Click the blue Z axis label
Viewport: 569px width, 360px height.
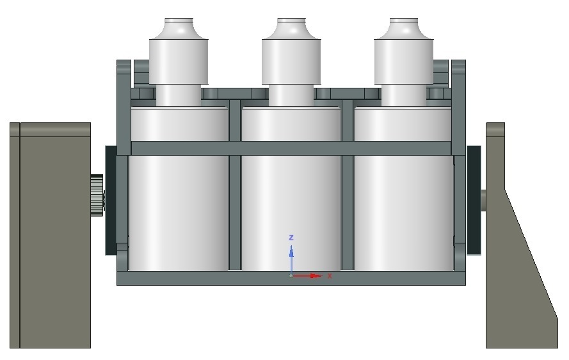point(291,238)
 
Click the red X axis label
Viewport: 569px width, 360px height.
point(330,276)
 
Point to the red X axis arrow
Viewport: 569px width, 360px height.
point(310,276)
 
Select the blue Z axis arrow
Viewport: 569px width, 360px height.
point(291,256)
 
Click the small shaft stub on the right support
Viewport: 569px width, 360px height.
point(483,200)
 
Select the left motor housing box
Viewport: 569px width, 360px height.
point(50,235)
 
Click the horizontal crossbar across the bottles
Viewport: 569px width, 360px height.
point(291,148)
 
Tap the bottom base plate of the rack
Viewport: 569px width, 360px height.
point(291,279)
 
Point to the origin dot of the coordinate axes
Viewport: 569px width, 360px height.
point(291,276)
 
